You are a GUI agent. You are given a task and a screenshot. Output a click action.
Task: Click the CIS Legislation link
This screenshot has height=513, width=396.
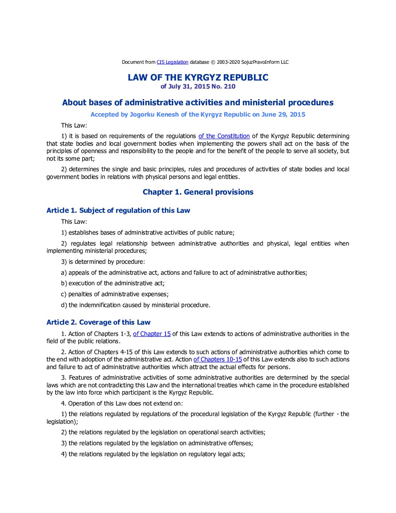[172, 62]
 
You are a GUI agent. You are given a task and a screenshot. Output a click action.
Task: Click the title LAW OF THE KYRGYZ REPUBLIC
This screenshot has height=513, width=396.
[198, 78]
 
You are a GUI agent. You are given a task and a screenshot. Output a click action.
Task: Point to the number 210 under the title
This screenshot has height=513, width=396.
[230, 87]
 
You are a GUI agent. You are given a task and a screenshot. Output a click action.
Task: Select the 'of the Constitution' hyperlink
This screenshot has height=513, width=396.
[224, 136]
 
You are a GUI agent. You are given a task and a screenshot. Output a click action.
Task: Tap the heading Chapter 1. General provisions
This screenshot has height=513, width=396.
[198, 192]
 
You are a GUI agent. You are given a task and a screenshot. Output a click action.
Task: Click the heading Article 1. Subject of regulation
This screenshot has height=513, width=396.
[118, 211]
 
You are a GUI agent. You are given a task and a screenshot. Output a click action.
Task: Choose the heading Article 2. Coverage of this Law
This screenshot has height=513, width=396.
[98, 322]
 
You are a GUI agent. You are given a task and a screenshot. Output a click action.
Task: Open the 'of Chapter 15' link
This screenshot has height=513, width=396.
[152, 334]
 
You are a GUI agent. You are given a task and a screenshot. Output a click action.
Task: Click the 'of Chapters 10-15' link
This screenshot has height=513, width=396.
[218, 360]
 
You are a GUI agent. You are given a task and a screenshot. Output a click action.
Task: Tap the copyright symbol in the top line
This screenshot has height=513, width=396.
[213, 62]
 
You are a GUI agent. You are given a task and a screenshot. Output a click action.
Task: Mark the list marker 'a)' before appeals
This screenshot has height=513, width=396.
[64, 273]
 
